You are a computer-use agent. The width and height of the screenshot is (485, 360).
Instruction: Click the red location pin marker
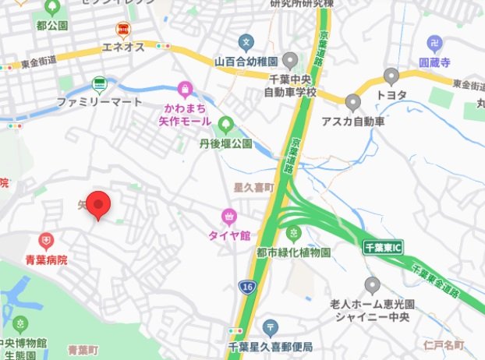97,204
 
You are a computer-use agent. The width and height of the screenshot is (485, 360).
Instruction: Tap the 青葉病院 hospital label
46,261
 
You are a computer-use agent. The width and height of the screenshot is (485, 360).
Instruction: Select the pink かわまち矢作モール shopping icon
185,89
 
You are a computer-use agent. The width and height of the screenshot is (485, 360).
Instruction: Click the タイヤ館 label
228,235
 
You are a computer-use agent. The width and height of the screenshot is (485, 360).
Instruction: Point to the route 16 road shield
246,288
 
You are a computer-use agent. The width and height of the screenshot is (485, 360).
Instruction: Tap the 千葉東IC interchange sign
382,248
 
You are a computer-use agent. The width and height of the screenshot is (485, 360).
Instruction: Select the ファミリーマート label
99,102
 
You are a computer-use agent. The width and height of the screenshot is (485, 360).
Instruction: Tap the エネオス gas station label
123,48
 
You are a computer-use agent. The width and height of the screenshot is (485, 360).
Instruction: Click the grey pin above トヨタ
391,76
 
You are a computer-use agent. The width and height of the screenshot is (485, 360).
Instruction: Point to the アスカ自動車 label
353,122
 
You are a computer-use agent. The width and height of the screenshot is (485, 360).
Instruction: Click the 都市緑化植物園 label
293,252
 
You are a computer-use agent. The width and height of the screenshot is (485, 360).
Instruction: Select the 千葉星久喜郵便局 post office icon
270,326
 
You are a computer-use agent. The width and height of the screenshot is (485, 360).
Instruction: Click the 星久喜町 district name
255,188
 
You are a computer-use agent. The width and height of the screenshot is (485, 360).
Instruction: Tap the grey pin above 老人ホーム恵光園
372,284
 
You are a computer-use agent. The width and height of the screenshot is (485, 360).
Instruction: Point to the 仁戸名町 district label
444,344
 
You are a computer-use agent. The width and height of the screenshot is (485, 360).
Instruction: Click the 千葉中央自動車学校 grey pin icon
291,59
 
